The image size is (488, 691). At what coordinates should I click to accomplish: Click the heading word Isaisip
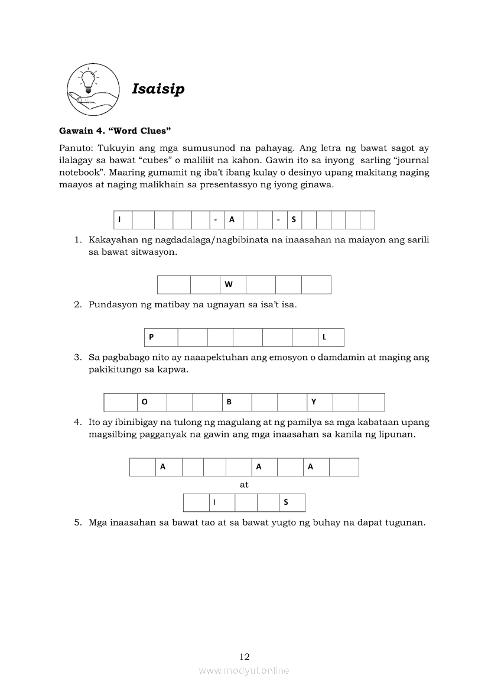pyautogui.click(x=158, y=89)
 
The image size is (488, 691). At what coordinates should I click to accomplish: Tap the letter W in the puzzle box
pyautogui.click(x=229, y=284)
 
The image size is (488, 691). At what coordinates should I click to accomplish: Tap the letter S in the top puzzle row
pyautogui.click(x=294, y=220)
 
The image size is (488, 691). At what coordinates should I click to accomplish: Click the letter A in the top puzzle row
pyautogui.click(x=232, y=220)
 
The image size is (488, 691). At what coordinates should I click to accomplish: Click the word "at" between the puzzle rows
pyautogui.click(x=244, y=485)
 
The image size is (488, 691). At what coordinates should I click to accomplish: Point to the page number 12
pyautogui.click(x=245, y=656)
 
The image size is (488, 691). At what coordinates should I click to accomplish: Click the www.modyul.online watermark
pyautogui.click(x=244, y=670)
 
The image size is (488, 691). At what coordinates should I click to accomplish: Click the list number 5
pyautogui.click(x=77, y=523)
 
